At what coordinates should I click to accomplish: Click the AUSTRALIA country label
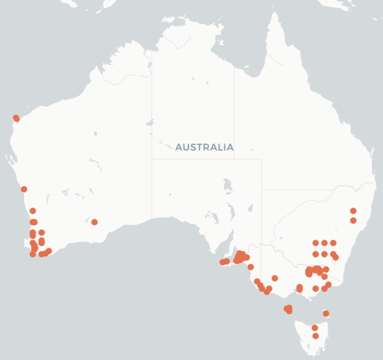pyautogui.click(x=204, y=148)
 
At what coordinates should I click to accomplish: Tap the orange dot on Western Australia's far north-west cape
pyautogui.click(x=16, y=118)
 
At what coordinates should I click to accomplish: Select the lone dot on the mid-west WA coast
pyautogui.click(x=24, y=189)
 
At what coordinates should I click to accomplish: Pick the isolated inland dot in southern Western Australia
pyautogui.click(x=95, y=222)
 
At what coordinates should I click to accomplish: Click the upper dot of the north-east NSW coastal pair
pyautogui.click(x=353, y=211)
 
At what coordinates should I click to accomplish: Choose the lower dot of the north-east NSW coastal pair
pyautogui.click(x=353, y=220)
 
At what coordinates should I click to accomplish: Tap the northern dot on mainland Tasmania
pyautogui.click(x=315, y=328)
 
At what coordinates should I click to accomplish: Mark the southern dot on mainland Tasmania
pyautogui.click(x=316, y=336)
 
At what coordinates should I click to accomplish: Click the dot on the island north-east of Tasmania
pyautogui.click(x=326, y=313)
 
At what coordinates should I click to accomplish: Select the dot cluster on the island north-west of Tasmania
pyautogui.click(x=288, y=309)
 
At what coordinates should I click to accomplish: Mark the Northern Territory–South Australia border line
pyautogui.click(x=207, y=159)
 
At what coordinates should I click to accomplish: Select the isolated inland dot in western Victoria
pyautogui.click(x=275, y=278)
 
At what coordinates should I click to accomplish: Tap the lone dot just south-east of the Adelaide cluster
pyautogui.click(x=251, y=267)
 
